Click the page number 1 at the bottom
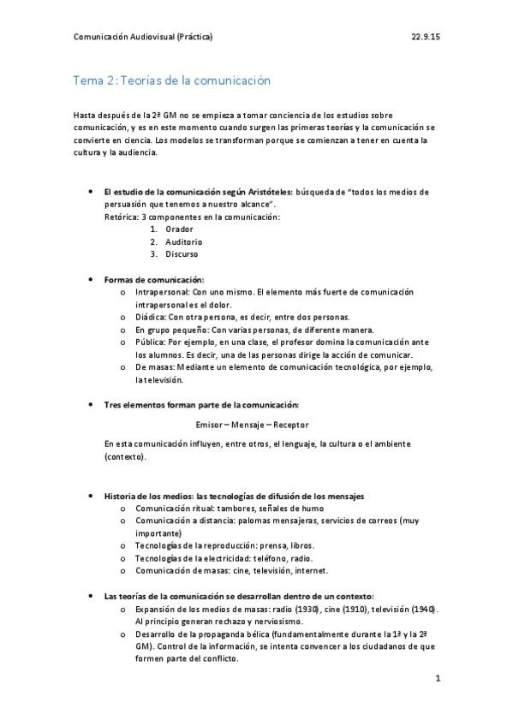[437, 680]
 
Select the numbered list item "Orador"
[180, 229]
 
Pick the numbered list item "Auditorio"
[184, 241]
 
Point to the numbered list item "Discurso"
[182, 253]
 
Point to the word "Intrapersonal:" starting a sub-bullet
[163, 292]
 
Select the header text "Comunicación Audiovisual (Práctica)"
[143, 38]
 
